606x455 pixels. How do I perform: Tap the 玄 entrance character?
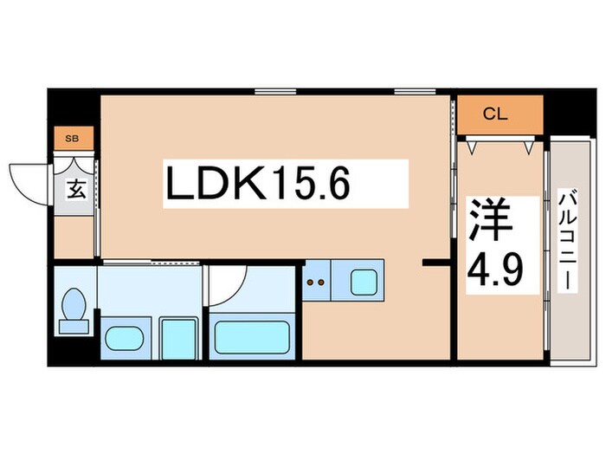[77, 189]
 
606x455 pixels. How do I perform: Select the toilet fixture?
[74, 310]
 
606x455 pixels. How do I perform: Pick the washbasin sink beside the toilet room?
[126, 336]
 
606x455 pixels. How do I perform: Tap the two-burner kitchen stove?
[318, 281]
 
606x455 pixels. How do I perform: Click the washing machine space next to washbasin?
[179, 336]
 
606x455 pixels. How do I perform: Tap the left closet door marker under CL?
[472, 146]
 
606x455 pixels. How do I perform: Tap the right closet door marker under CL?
[528, 146]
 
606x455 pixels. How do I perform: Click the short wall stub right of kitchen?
[434, 261]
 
